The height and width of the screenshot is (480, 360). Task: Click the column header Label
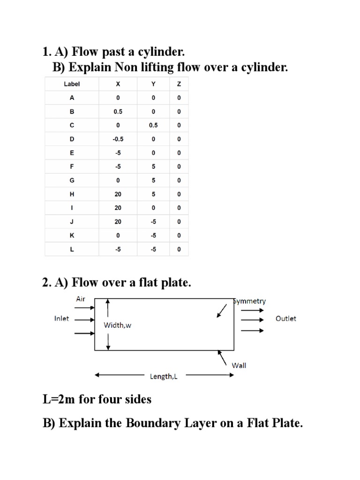[x=72, y=84]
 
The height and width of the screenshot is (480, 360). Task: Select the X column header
[x=118, y=84]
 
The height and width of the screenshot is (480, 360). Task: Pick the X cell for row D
[x=118, y=139]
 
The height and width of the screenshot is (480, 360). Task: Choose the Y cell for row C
[x=153, y=125]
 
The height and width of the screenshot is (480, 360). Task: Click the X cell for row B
[x=118, y=112]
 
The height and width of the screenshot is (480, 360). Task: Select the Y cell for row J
[x=153, y=222]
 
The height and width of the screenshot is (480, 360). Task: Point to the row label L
[x=72, y=249]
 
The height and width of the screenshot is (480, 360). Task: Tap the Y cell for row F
[x=153, y=167]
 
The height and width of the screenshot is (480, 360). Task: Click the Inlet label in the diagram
[x=61, y=318]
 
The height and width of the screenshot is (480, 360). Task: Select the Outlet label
[x=286, y=318]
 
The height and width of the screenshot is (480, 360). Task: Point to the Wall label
[x=239, y=365]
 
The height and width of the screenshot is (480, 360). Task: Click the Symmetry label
[x=250, y=301]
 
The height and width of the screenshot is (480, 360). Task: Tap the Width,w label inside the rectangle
[x=117, y=325]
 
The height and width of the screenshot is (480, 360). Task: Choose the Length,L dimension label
[x=164, y=375]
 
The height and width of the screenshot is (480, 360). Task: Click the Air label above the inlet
[x=81, y=299]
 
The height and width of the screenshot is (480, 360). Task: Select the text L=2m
[x=60, y=399]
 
